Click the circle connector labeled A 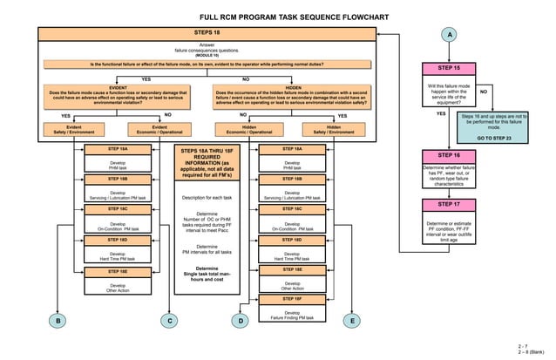click(449, 34)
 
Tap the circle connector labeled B click(57, 322)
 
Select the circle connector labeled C click(169, 322)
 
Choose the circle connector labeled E click(352, 322)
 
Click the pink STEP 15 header click(449, 68)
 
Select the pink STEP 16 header click(449, 154)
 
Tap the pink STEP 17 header click(449, 204)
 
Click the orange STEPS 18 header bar click(207, 31)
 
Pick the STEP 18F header click(292, 299)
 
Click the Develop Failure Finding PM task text click(292, 316)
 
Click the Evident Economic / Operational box click(159, 130)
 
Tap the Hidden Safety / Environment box click(334, 130)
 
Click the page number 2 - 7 click(522, 346)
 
